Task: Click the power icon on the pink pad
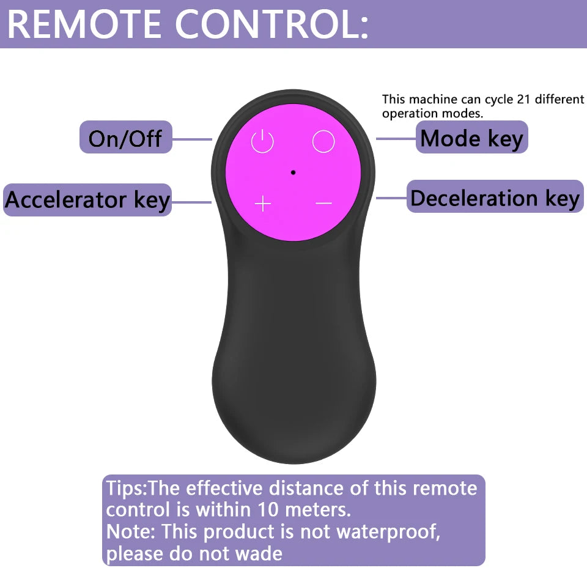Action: [x=262, y=141]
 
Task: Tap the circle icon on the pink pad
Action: [x=323, y=141]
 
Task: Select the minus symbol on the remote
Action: [x=323, y=203]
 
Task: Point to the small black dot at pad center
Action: [x=293, y=172]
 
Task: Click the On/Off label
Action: [x=125, y=138]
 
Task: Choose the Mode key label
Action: [x=471, y=138]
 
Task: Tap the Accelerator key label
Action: [x=87, y=199]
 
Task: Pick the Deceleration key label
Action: [x=495, y=198]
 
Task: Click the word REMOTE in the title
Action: [x=84, y=24]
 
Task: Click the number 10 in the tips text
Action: [x=268, y=509]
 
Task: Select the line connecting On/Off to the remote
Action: [x=192, y=139]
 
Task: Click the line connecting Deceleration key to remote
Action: [x=391, y=198]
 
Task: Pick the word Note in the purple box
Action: [x=128, y=531]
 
